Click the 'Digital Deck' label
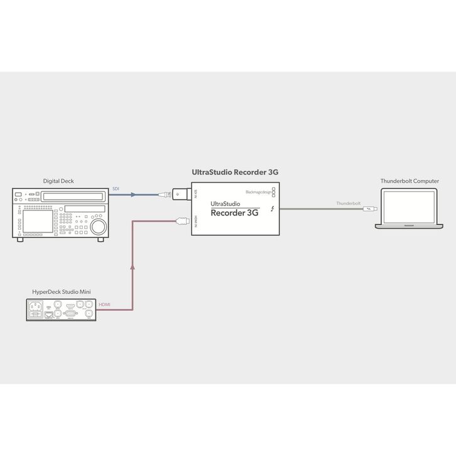coord(58,181)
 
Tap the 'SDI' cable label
coord(116,189)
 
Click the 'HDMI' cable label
coord(105,305)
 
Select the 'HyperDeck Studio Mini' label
coord(62,292)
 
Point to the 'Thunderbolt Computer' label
coord(410,181)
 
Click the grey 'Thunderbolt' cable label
coord(348,204)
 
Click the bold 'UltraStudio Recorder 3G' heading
coord(235,171)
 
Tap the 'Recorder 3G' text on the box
coord(234,212)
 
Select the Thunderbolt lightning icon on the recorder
coord(273,209)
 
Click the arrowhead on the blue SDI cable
coord(133,195)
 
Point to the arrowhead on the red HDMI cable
coord(133,267)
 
